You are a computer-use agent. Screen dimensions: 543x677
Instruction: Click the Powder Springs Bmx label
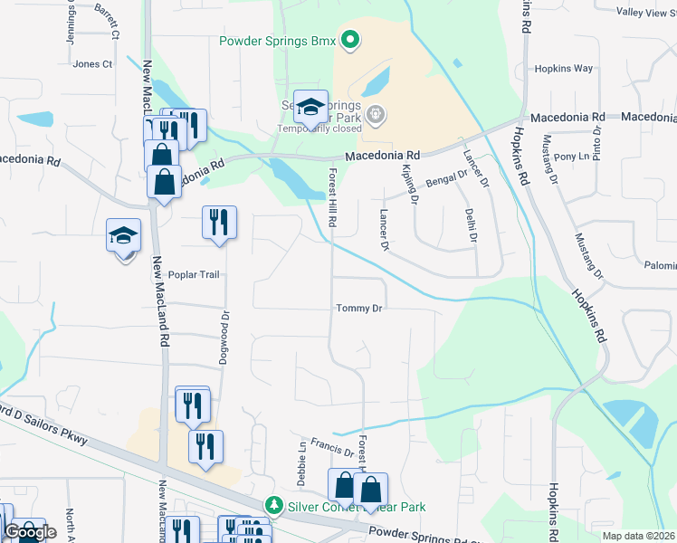278,41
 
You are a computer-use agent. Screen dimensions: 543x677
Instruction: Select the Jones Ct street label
92,64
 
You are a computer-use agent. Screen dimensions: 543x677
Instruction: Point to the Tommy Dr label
359,309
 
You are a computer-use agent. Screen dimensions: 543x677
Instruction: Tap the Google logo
30,532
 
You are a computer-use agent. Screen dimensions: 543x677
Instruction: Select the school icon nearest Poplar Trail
124,236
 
